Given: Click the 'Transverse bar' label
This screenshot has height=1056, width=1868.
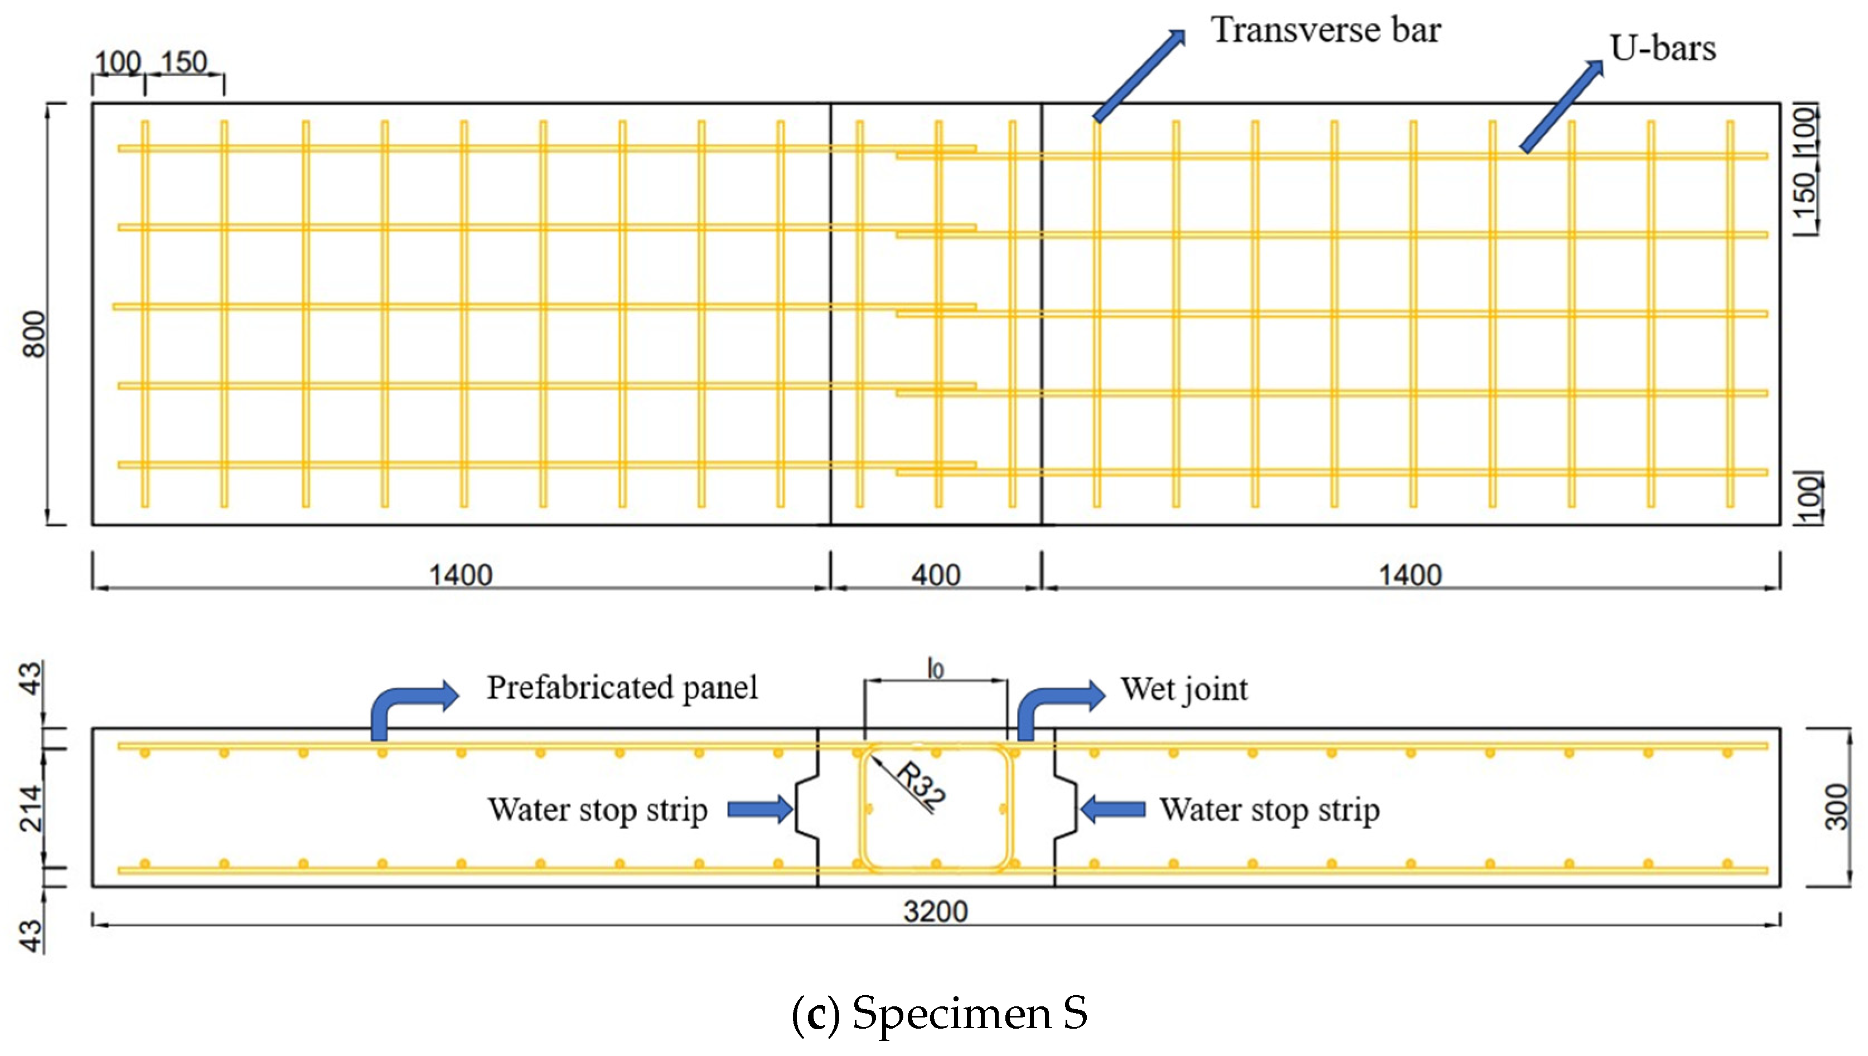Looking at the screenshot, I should tap(1325, 31).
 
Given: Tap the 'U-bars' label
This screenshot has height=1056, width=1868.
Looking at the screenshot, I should tap(1662, 49).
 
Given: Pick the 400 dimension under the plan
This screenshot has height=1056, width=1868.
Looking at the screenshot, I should tap(936, 575).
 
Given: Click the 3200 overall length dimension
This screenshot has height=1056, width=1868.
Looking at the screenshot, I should tap(936, 911).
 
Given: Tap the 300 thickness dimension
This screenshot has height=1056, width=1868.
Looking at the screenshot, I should tap(1836, 807).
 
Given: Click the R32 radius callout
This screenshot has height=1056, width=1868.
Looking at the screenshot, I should tap(920, 785).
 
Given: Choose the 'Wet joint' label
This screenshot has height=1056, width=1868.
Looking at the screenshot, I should tap(1184, 689).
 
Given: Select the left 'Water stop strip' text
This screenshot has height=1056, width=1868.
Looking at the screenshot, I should tap(598, 809).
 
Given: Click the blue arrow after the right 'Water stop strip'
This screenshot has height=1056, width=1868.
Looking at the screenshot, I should tap(1113, 809).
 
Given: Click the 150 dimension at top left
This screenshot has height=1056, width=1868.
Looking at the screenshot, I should tap(184, 62).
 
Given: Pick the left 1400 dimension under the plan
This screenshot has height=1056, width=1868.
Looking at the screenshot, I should tap(461, 575).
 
